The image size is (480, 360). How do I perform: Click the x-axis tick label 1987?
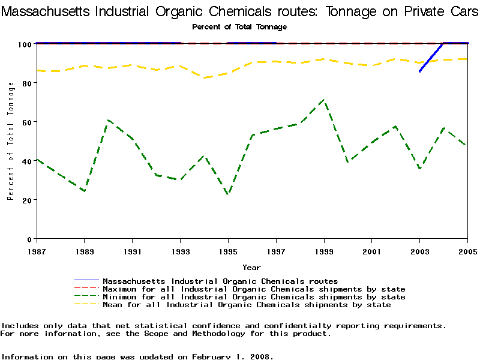pyautogui.click(x=36, y=251)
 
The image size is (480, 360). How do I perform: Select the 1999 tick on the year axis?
pyautogui.click(x=324, y=251)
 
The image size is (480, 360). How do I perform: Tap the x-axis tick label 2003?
pyautogui.click(x=420, y=251)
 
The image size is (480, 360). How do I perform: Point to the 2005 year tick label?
pyautogui.click(x=467, y=251)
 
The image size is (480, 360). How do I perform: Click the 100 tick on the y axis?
pyautogui.click(x=24, y=44)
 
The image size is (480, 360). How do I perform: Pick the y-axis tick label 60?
pyautogui.click(x=26, y=122)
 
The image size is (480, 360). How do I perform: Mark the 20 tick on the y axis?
pyautogui.click(x=26, y=200)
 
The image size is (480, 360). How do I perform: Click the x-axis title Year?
pyautogui.click(x=251, y=267)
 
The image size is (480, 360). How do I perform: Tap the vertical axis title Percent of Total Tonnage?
pyautogui.click(x=11, y=141)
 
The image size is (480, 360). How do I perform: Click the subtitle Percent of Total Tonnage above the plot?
pyautogui.click(x=239, y=27)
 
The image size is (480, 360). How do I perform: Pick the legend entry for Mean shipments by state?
pyautogui.click(x=247, y=305)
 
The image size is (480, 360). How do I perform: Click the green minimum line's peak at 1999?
pyautogui.click(x=324, y=100)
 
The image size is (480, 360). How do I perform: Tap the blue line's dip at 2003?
pyautogui.click(x=420, y=71)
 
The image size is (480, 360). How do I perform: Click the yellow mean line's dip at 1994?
pyautogui.click(x=204, y=78)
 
